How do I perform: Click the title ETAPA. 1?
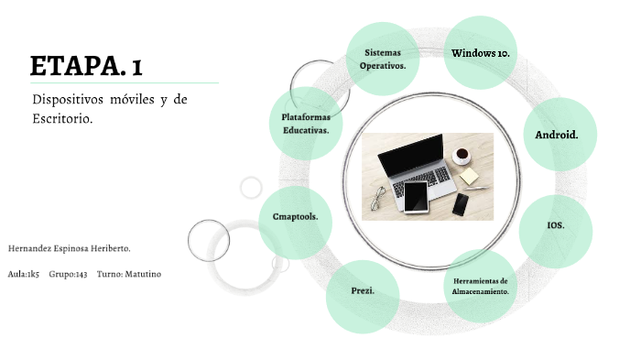click(86, 66)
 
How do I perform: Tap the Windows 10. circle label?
click(480, 53)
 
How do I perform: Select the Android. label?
click(557, 136)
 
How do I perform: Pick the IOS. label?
click(555, 225)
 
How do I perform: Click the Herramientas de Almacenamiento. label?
click(480, 285)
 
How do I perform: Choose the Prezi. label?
click(363, 290)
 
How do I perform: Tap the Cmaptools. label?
click(295, 217)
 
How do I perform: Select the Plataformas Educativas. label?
click(306, 123)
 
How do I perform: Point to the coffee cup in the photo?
click(461, 153)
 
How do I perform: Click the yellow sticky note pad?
click(469, 175)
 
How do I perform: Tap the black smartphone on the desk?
click(460, 203)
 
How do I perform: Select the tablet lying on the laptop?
click(417, 196)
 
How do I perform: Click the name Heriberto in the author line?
click(110, 248)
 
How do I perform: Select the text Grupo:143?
click(69, 274)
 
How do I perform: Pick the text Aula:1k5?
click(23, 274)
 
